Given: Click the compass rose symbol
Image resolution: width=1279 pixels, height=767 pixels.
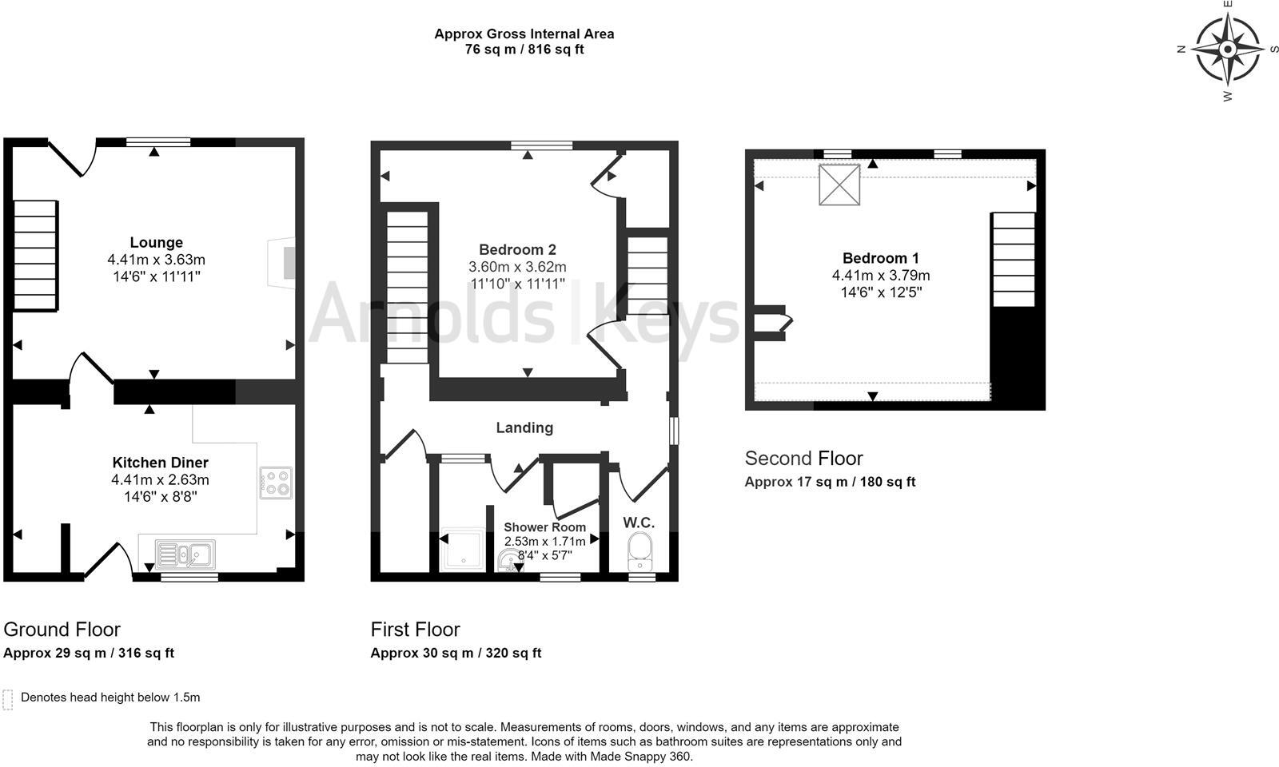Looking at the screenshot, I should point(1229,50).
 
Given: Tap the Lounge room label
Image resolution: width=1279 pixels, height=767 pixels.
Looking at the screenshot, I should point(157,242).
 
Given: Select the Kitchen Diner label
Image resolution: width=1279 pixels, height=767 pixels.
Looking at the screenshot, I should point(160,463).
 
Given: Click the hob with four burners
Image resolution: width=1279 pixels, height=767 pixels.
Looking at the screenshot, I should point(276,483).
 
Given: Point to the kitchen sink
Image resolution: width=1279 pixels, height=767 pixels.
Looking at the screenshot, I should point(185,554).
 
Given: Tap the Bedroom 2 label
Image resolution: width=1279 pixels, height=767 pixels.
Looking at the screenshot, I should point(517,249).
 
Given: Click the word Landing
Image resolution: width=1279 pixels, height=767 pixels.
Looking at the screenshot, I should point(524,427).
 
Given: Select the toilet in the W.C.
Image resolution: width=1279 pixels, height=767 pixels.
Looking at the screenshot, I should point(639,550).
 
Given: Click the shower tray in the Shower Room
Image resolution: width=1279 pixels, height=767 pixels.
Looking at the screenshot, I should point(462,550).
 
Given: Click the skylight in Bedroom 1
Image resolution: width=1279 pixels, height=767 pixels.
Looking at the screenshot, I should point(839,185).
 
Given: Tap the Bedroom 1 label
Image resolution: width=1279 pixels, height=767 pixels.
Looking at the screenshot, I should point(880,258).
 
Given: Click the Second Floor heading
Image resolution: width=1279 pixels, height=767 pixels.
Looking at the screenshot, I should point(803,459).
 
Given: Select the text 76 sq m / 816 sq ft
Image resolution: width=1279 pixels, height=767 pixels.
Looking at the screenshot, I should point(524,50).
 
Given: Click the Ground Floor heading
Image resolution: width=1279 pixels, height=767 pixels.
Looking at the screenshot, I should point(62,630).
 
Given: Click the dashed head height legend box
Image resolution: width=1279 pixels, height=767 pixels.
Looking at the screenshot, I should point(8,700).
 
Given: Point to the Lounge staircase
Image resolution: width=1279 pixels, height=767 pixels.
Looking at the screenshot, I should point(35,256).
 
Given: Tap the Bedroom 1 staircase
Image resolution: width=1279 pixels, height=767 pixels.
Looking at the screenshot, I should point(1014,259).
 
